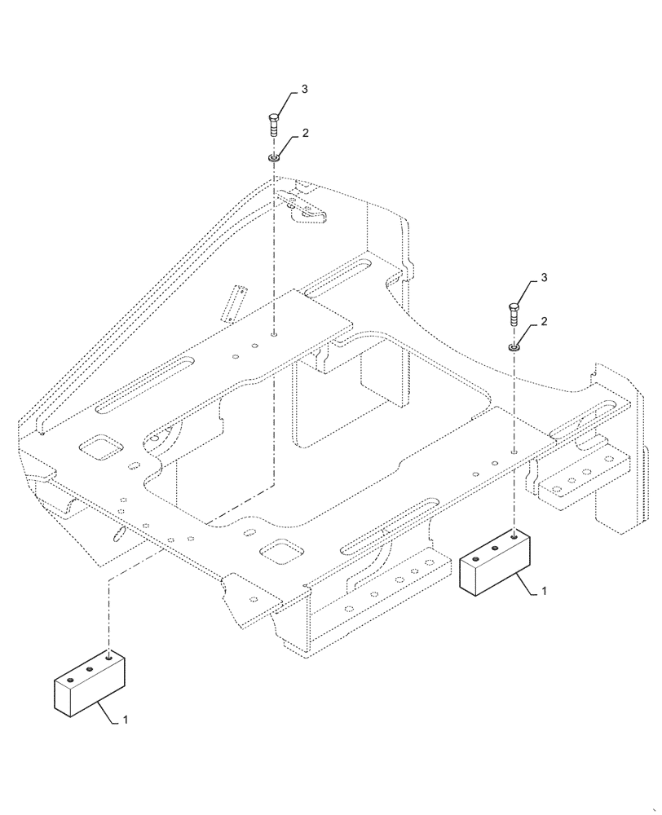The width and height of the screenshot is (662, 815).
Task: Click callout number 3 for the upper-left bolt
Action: tap(304, 90)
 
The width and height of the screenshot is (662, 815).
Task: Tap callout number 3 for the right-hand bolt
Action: tap(543, 280)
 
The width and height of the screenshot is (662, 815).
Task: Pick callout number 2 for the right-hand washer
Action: tap(543, 323)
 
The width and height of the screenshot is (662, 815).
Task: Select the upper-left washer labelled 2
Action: tap(275, 156)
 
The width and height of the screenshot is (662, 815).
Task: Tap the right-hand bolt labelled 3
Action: tap(513, 313)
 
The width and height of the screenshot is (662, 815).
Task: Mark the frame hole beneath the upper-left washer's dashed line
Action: tap(275, 333)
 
